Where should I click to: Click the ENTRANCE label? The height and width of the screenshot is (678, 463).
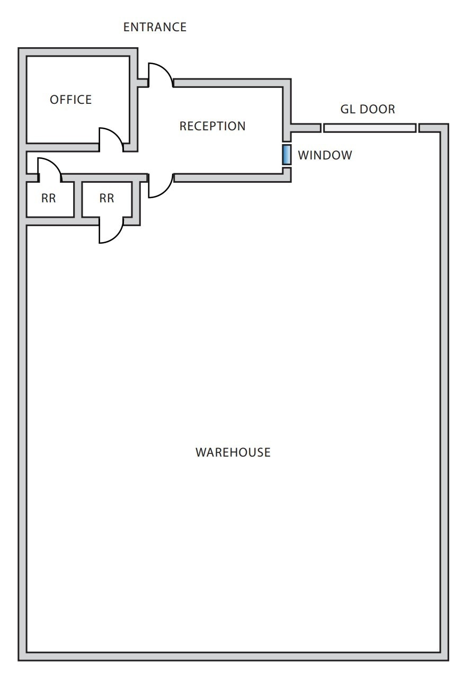pos(155,27)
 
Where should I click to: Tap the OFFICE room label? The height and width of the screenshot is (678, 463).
pos(70,100)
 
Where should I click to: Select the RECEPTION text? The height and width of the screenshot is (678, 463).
pos(212,126)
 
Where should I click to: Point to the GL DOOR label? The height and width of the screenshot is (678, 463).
pos(368,110)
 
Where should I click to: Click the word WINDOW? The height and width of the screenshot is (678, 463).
pos(325,155)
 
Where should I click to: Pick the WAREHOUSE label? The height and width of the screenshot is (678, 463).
pos(233,452)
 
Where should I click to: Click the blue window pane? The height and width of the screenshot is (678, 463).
pos(287,154)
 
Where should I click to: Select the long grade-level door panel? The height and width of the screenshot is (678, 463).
pos(370,128)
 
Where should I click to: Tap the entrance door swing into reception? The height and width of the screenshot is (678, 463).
pos(159,76)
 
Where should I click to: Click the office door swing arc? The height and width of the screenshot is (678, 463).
pos(110,139)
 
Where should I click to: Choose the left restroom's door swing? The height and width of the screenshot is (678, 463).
pos(49,169)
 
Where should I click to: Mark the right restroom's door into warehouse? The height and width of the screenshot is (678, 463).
pos(110,231)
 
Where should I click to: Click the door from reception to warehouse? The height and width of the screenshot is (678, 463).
pos(159,186)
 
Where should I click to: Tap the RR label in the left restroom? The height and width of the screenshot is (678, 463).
pos(48,199)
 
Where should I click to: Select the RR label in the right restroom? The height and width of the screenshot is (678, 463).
pos(106,199)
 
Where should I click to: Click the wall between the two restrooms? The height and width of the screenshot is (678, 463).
pos(78,199)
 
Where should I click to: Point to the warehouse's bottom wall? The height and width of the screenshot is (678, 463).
pos(233,656)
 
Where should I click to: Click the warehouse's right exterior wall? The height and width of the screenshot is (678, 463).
pos(444,392)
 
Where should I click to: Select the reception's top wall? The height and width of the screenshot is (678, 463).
pos(232,83)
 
